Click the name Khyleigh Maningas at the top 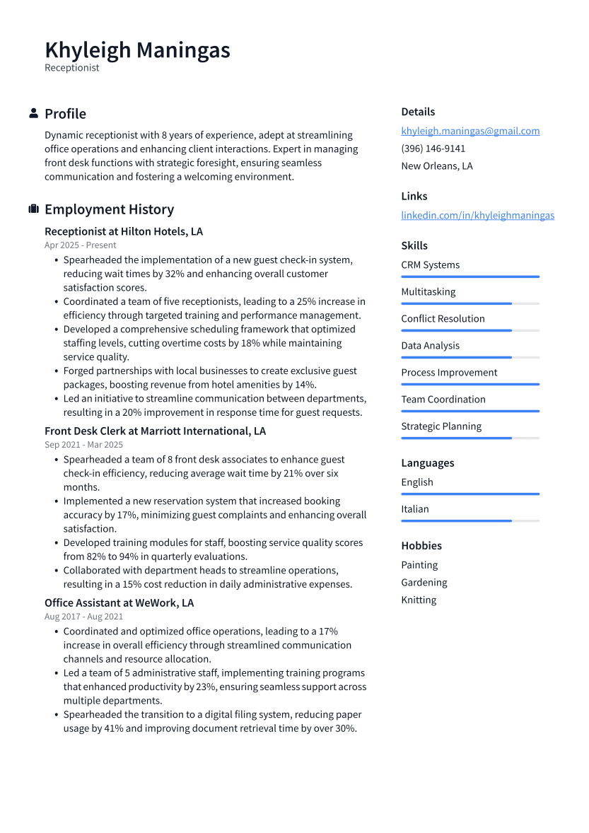pos(137,50)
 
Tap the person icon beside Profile pos(33,113)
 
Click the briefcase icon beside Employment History pos(33,209)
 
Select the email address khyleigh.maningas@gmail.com pos(470,131)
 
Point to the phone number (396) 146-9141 pos(433,148)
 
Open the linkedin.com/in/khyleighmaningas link pos(477,215)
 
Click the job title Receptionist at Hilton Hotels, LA pos(124,231)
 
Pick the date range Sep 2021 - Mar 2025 pos(83,445)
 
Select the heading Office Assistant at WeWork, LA pos(119,603)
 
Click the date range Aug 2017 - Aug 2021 pos(83,617)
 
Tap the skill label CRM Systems pos(430,265)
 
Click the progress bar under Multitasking pos(470,303)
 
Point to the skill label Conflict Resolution pos(443,319)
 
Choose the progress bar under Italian pos(470,520)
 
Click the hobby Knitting pos(419,600)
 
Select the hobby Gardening pos(424,583)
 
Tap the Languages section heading pos(427,463)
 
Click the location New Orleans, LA pos(437,166)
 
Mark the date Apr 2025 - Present pos(80,245)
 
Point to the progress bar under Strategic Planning pos(470,438)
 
